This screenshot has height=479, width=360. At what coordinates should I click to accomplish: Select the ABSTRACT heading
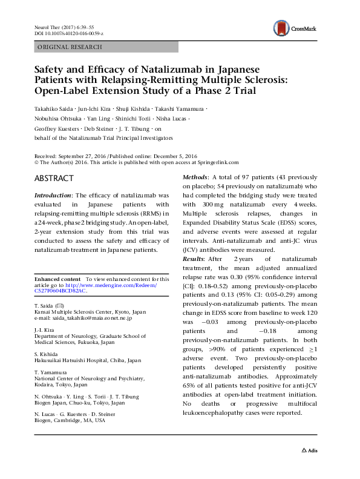pyautogui.click(x=54, y=179)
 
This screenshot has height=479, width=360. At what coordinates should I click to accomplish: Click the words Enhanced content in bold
pyautogui.click(x=58, y=278)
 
